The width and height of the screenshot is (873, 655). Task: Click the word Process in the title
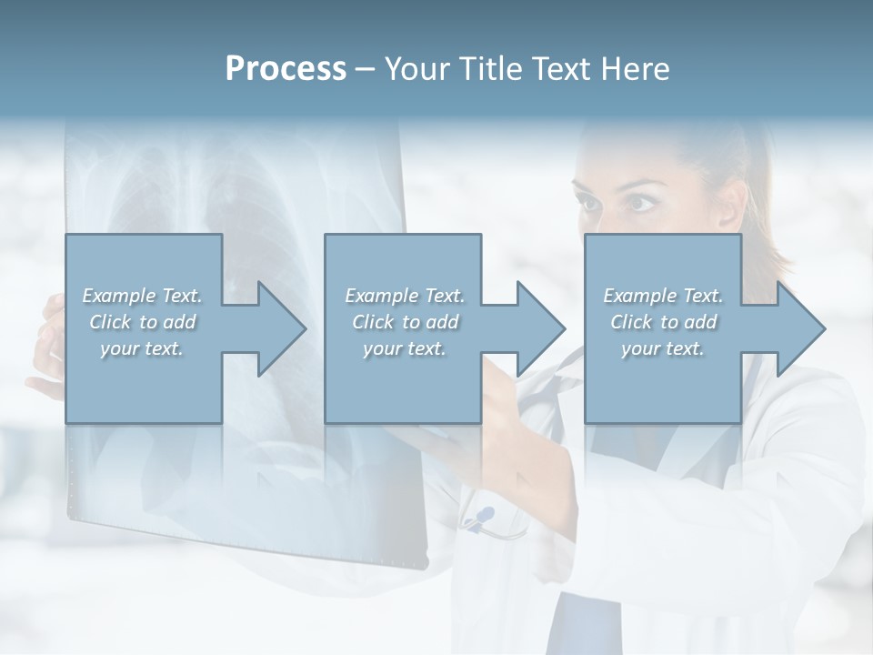point(286,69)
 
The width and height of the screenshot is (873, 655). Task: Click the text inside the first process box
point(143,321)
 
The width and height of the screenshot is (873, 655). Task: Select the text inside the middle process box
point(404,321)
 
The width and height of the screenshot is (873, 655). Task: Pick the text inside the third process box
point(663,321)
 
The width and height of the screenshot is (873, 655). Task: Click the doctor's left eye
point(641,201)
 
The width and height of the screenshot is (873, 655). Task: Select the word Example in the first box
point(119,296)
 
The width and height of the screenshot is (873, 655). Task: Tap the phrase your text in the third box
point(663,348)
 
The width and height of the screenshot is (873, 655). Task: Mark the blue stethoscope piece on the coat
point(483,515)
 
